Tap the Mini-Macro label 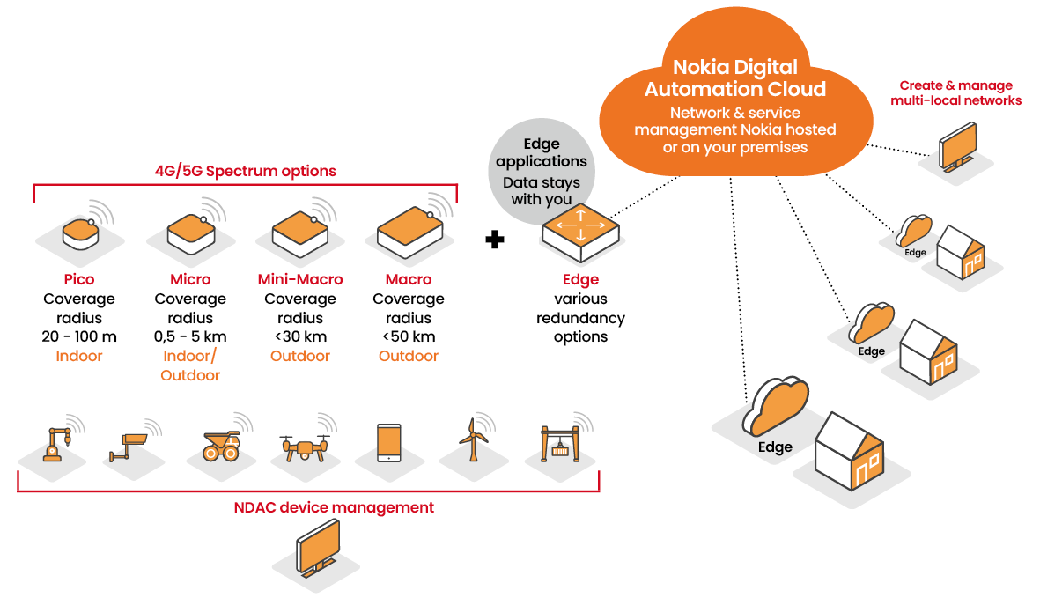tap(300, 279)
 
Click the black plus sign tap(495, 239)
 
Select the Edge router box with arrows tap(580, 230)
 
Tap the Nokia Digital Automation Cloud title tap(734, 78)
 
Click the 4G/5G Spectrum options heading tap(245, 171)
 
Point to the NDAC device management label tap(334, 507)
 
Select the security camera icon tap(129, 444)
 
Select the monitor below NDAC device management tap(318, 548)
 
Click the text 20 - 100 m tap(79, 336)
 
